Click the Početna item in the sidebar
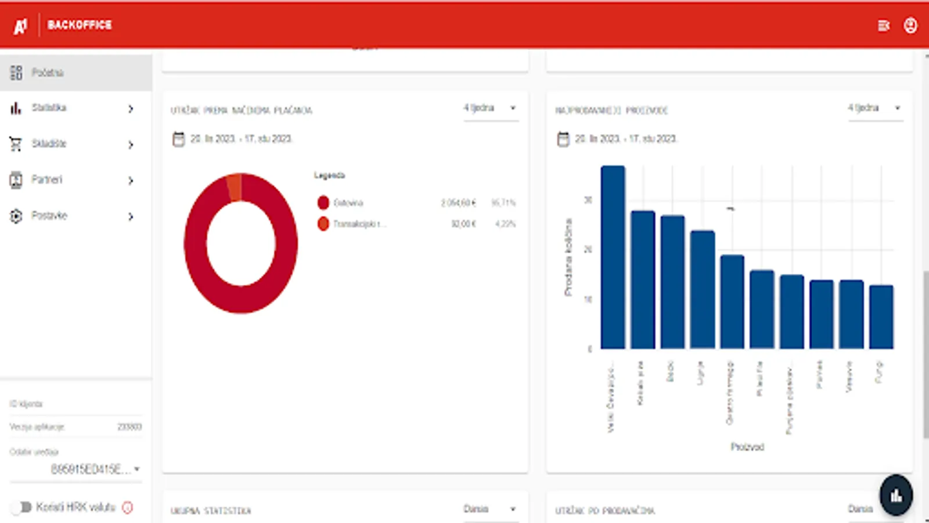pos(48,73)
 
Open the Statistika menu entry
pos(49,108)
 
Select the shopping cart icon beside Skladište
pos(16,144)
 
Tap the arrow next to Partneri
pos(131,180)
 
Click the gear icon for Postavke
pos(16,216)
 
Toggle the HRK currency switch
pos(22,507)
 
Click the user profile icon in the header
pos(910,26)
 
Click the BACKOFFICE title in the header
pos(80,25)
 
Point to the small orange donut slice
pos(235,187)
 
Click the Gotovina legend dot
pos(323,203)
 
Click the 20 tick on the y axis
pos(588,249)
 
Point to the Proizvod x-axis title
pos(747,447)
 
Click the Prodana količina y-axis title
pos(568,257)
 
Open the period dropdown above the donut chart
pos(490,109)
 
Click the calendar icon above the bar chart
pos(563,139)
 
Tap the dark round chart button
pos(896,495)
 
